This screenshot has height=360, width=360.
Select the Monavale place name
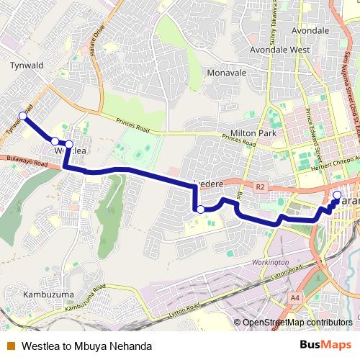pos(227,73)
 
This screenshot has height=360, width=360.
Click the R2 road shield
pos(260,186)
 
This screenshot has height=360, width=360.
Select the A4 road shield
pos(295,297)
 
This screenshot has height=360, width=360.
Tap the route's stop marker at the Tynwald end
pos(22,116)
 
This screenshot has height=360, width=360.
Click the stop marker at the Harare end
pos(337,194)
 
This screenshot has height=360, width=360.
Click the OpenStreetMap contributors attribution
pos(297,322)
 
